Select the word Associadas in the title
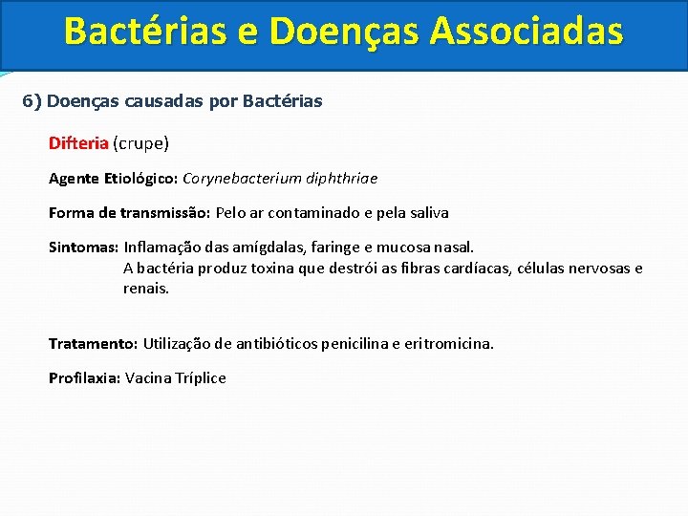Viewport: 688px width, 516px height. point(527,32)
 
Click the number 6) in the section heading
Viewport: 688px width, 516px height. point(32,100)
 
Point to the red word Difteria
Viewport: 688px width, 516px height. point(78,143)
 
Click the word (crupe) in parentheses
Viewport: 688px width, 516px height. point(140,143)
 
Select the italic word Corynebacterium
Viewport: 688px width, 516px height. point(237,178)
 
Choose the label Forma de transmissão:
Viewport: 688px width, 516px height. point(130,212)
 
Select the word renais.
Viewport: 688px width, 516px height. point(145,288)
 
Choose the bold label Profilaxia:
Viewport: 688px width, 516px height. point(84,377)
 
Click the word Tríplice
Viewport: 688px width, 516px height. point(201,377)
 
